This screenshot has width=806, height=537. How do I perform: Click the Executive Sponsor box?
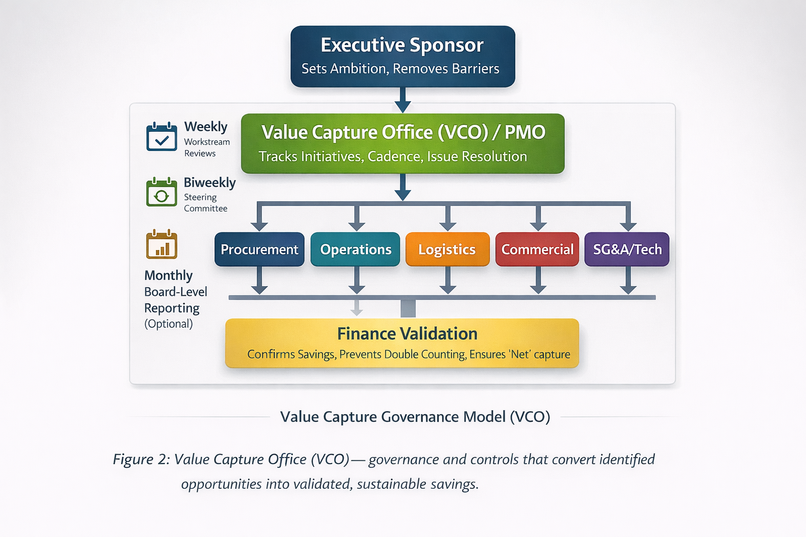tap(402, 57)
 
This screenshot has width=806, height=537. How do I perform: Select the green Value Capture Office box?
tap(402, 144)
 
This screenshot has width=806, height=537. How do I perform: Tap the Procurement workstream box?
tap(259, 249)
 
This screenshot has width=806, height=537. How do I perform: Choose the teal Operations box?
tap(355, 249)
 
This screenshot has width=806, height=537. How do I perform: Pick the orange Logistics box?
tap(448, 249)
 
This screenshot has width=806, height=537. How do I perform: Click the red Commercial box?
tap(537, 249)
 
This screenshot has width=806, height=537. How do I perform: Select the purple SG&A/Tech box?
tap(627, 249)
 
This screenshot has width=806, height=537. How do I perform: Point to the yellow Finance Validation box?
tap(402, 343)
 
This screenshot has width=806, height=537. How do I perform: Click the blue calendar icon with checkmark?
tap(162, 136)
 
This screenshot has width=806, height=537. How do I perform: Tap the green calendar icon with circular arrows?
tap(162, 192)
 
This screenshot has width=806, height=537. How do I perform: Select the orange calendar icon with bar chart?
tap(162, 244)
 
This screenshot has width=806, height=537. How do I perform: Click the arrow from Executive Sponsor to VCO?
tap(402, 100)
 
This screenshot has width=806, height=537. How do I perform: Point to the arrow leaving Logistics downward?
tap(448, 280)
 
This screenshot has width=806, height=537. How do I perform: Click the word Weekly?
tap(206, 127)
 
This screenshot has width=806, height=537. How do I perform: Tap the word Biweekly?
tap(210, 182)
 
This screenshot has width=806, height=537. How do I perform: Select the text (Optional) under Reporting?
tap(168, 324)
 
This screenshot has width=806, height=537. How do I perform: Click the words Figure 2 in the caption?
tap(141, 459)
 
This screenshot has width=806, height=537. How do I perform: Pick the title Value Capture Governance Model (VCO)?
tap(415, 417)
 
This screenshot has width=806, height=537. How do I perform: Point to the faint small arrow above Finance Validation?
tap(357, 307)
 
